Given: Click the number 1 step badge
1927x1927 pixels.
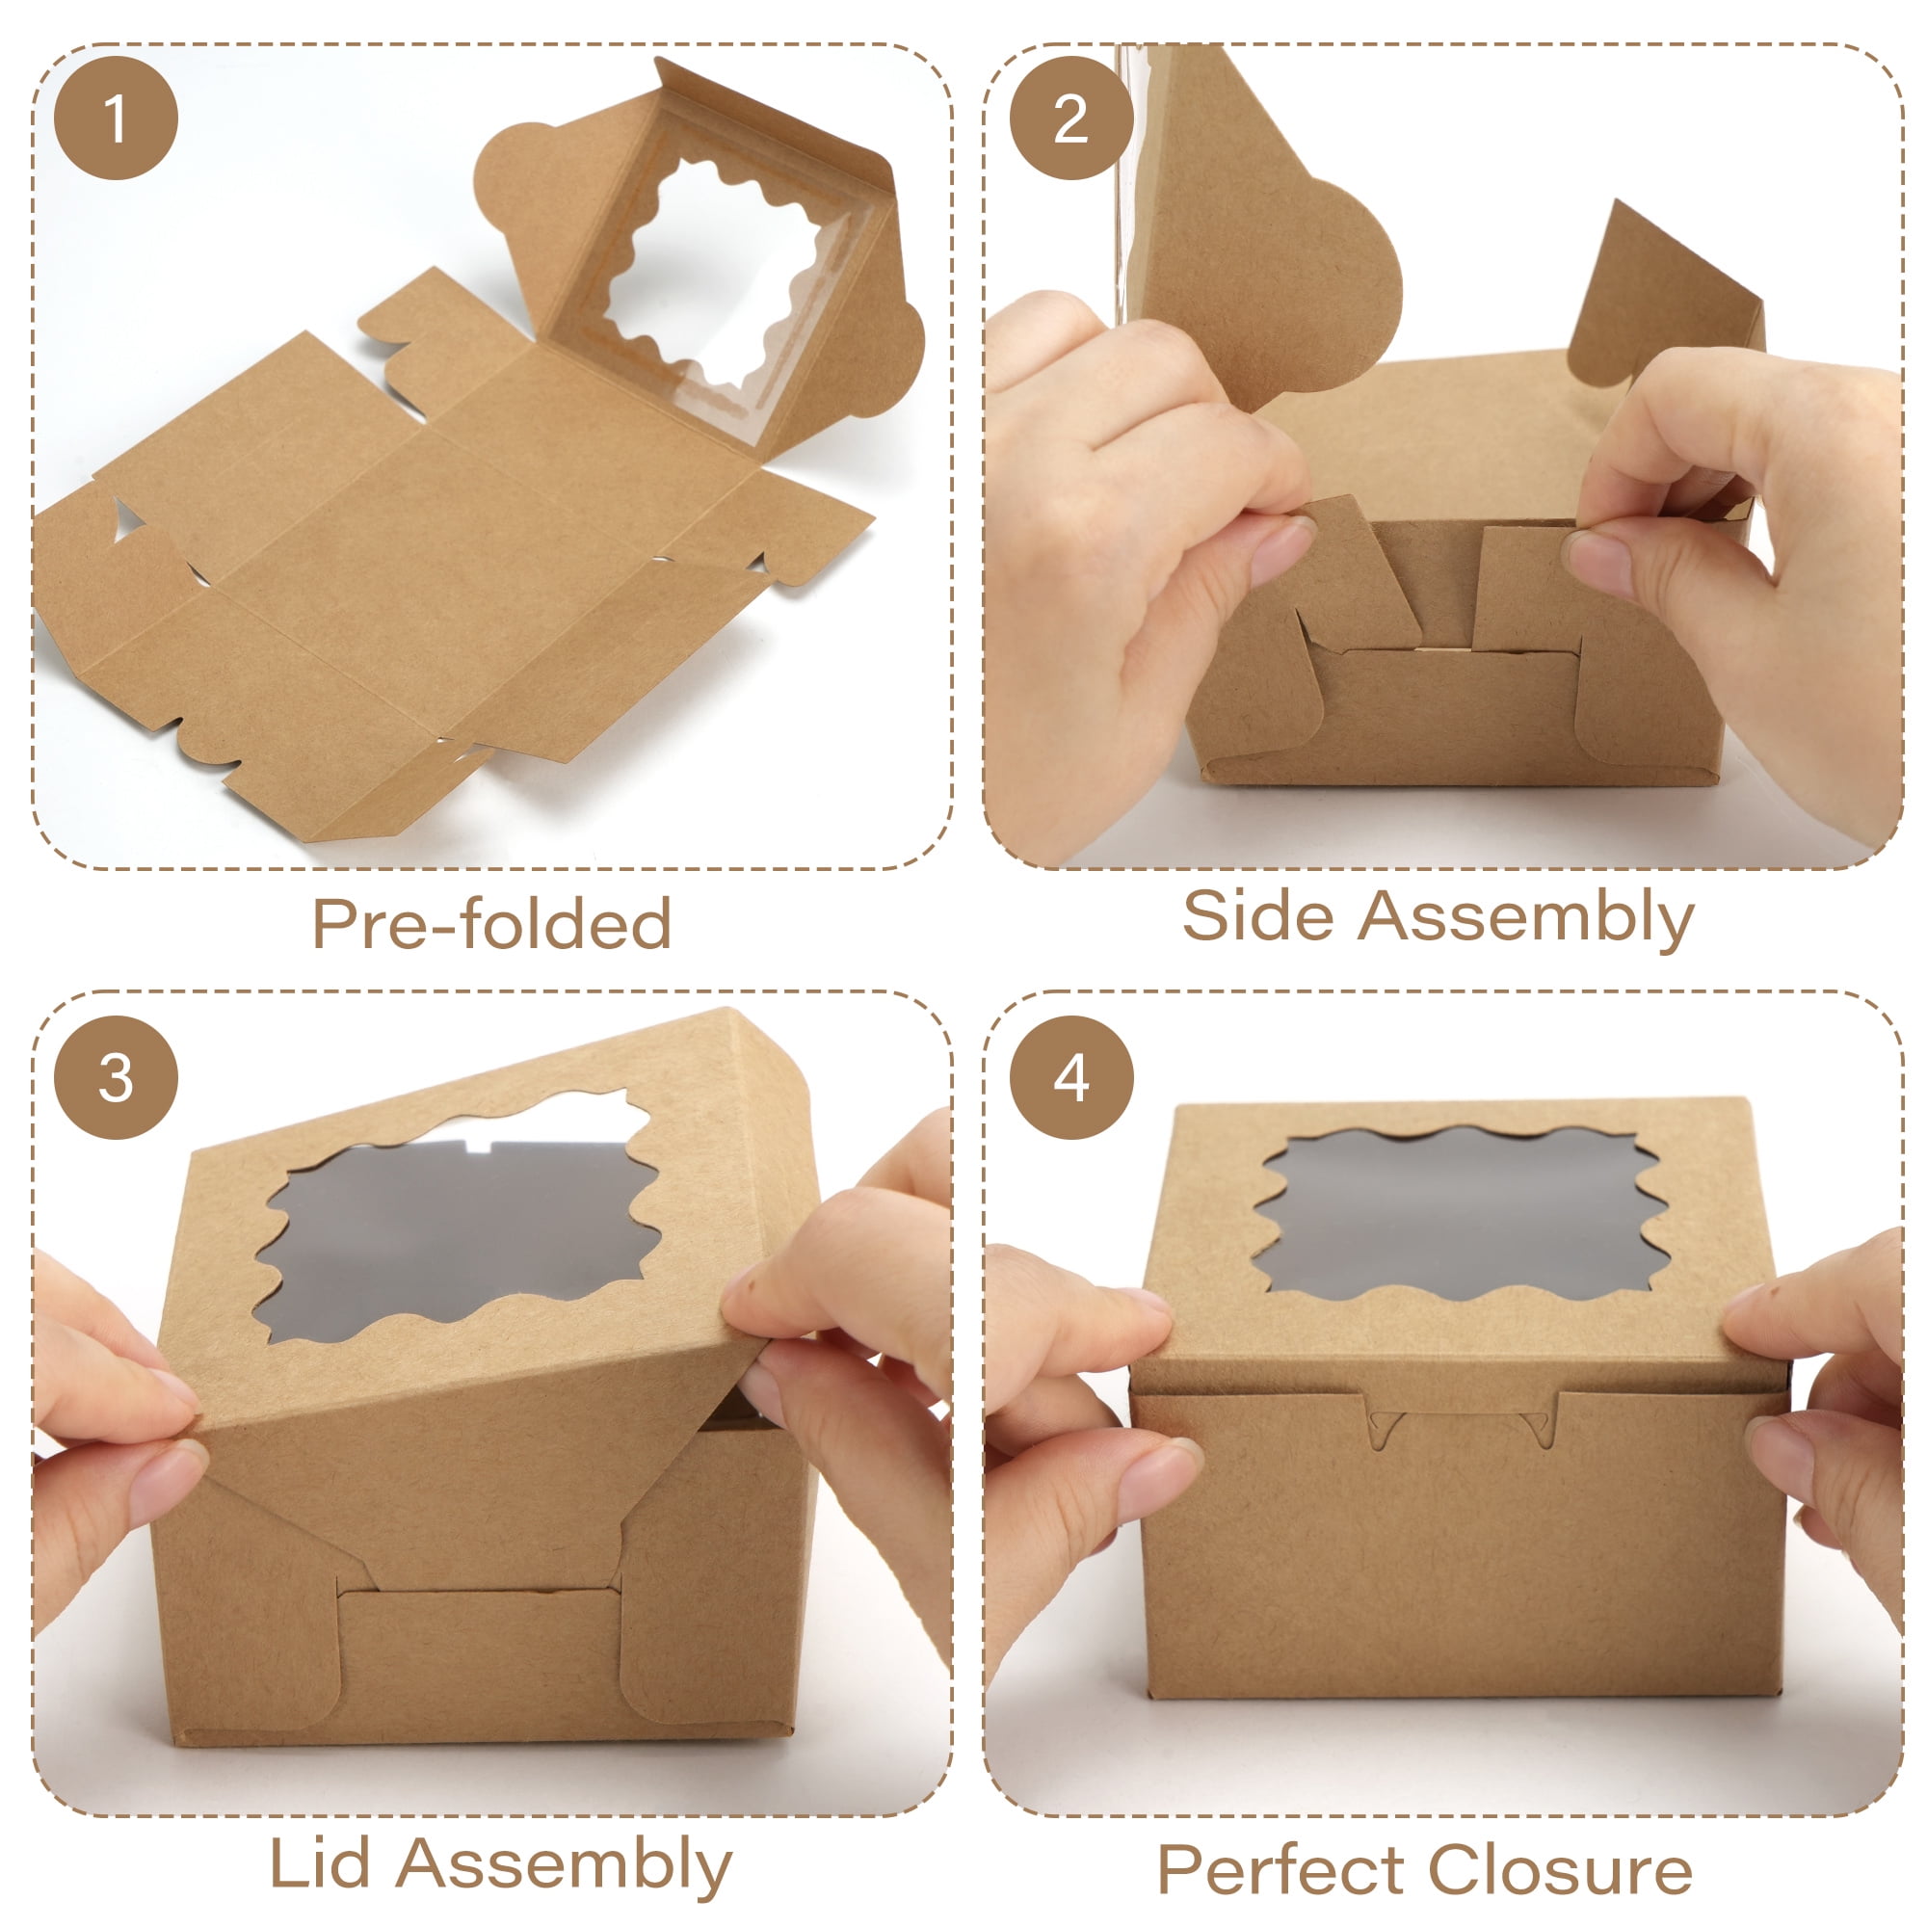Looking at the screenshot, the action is pos(116,118).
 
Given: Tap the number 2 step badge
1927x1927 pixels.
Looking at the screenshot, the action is pos(1071,118).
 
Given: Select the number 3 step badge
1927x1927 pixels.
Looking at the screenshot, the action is pos(116,1078).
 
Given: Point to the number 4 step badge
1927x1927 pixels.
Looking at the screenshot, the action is pos(1071,1078).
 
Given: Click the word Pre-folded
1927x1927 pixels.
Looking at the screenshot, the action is pos(491,923).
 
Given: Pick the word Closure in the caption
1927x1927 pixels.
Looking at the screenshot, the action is pos(1561,1869).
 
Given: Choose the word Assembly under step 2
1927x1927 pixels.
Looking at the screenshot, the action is pos(1525,917).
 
